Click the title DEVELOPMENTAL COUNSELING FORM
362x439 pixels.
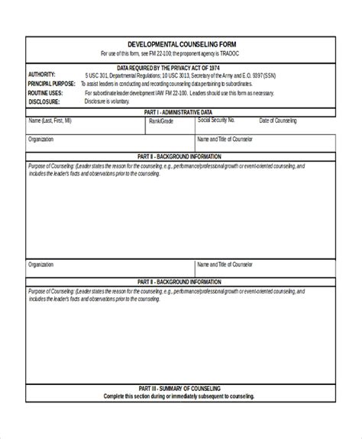coord(180,45)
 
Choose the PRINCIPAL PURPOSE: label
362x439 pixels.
coord(52,83)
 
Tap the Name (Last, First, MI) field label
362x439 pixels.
coord(50,120)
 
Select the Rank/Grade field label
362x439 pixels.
coord(161,120)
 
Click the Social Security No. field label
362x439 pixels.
coord(216,120)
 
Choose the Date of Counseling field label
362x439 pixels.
coord(278,120)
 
